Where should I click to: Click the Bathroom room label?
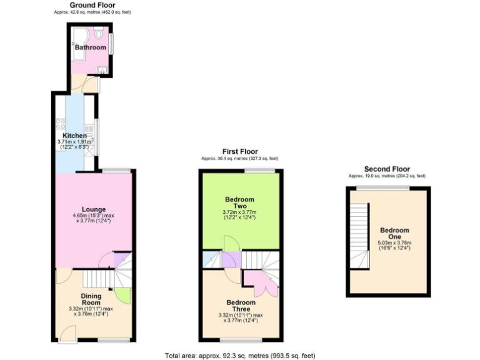pyautogui.click(x=90, y=47)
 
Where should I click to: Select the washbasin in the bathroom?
pyautogui.click(x=101, y=70)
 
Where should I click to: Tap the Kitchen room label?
pyautogui.click(x=74, y=136)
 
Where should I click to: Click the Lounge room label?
pyautogui.click(x=93, y=209)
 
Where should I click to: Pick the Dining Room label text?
pyautogui.click(x=91, y=299)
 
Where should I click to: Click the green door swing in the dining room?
pyautogui.click(x=122, y=295)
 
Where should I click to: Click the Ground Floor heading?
pyautogui.click(x=92, y=5)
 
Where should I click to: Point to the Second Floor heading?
pyautogui.click(x=387, y=169)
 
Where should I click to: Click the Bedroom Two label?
pyautogui.click(x=239, y=202)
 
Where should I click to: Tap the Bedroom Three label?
pyautogui.click(x=239, y=306)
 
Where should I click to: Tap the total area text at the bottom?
pyautogui.click(x=241, y=355)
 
